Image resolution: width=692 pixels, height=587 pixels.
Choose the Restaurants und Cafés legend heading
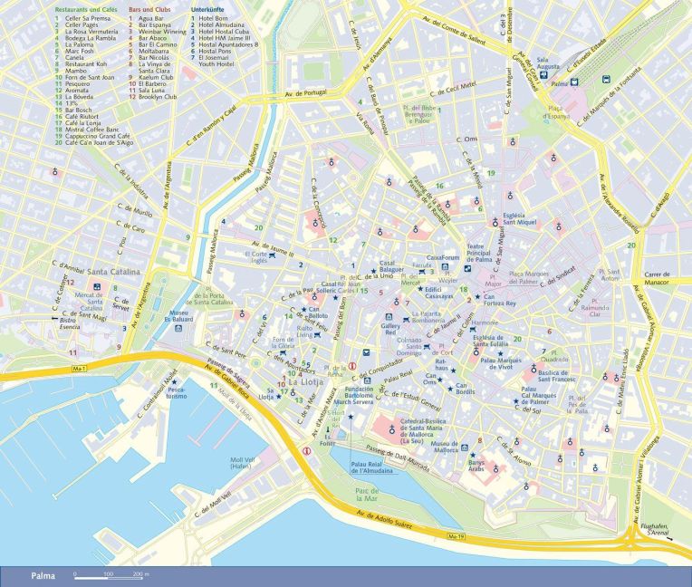click(x=88, y=9)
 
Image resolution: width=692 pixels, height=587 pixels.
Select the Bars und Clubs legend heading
click(x=148, y=9)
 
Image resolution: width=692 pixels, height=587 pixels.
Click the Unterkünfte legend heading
click(x=210, y=9)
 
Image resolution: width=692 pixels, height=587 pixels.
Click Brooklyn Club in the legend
click(x=158, y=96)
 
